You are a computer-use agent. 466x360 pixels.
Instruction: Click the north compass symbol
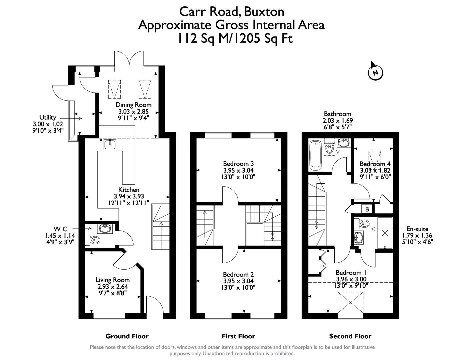click(x=376, y=72)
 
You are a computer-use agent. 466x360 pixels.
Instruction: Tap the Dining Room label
click(x=133, y=105)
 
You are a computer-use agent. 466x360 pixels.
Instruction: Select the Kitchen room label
click(x=129, y=190)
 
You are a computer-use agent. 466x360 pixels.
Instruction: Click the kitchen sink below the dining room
click(x=110, y=145)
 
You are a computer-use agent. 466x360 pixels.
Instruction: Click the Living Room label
click(x=112, y=280)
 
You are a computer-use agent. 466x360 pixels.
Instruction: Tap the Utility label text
click(x=48, y=117)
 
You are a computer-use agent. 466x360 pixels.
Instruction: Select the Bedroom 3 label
click(x=238, y=164)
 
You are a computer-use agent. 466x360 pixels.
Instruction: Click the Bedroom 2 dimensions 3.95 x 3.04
click(x=238, y=281)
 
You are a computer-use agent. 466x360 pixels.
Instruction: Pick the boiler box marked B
click(x=367, y=209)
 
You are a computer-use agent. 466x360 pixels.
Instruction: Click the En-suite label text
click(x=417, y=229)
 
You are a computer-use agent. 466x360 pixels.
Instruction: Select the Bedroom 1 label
click(x=351, y=273)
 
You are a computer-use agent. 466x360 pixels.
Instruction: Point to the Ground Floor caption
click(x=127, y=336)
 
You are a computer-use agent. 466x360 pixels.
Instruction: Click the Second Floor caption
click(x=350, y=336)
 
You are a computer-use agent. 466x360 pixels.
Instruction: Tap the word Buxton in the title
click(x=264, y=12)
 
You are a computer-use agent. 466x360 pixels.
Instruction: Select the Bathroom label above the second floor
click(x=337, y=114)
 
